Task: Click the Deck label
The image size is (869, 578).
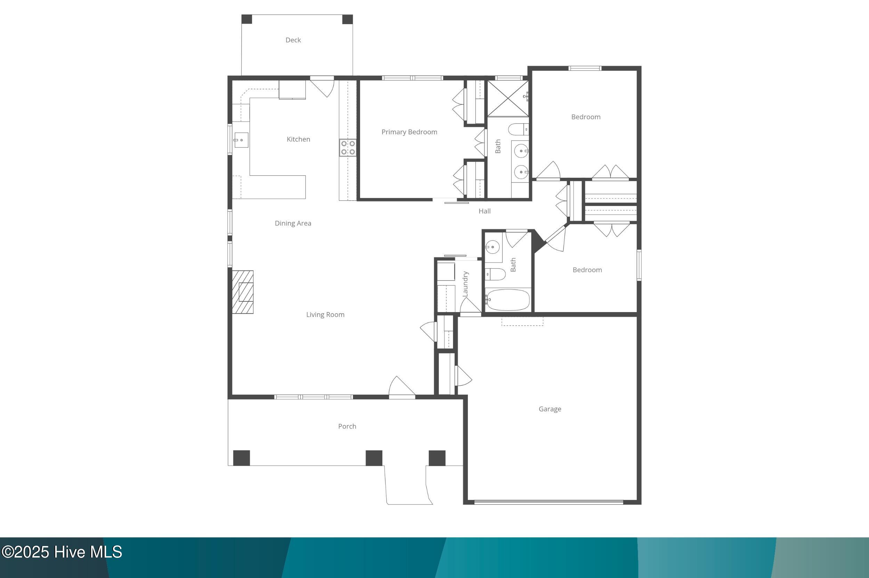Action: [293, 40]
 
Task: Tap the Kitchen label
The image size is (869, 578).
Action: [298, 139]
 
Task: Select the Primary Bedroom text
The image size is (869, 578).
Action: [409, 132]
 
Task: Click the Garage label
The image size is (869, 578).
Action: [550, 409]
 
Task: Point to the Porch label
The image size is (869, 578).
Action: [347, 426]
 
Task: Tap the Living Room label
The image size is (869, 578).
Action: [325, 315]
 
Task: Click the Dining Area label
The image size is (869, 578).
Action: [293, 223]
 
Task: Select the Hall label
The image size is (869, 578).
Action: [485, 211]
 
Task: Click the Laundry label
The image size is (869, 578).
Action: [465, 284]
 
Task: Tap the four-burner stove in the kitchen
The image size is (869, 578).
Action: [348, 148]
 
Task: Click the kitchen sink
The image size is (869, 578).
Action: [241, 140]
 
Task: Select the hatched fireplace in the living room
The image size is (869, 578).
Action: [242, 292]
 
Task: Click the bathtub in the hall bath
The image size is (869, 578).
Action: [507, 300]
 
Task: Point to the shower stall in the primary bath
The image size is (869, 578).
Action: [508, 99]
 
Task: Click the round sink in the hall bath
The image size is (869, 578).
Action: [492, 246]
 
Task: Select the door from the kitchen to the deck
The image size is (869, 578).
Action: [322, 87]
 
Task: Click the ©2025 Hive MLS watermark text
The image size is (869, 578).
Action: [62, 552]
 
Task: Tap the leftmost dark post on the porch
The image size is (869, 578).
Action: [241, 458]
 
